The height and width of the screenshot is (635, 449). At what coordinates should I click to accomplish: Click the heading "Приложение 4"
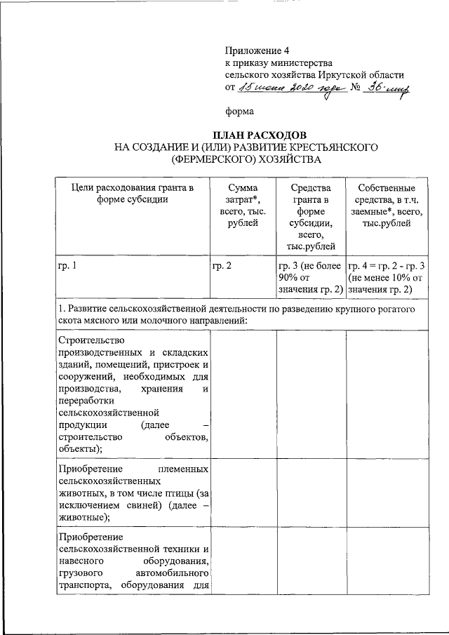click(x=257, y=51)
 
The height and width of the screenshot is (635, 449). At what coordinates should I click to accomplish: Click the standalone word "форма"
click(x=239, y=111)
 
